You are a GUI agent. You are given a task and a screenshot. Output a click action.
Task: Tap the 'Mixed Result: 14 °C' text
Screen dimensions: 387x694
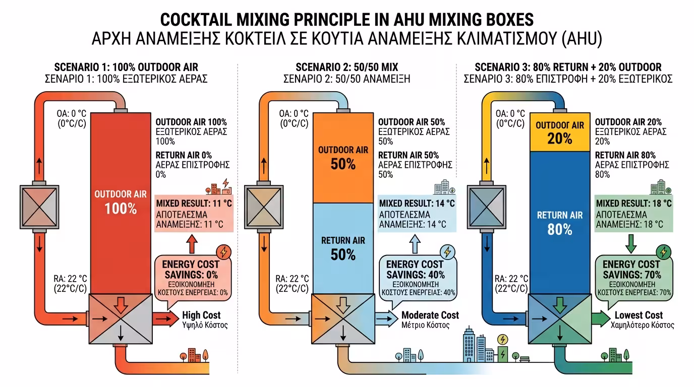tap(417, 204)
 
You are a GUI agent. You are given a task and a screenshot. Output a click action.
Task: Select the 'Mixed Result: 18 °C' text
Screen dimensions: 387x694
tap(633, 204)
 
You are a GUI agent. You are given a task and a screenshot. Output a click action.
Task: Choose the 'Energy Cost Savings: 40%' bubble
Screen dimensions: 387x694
tap(415, 278)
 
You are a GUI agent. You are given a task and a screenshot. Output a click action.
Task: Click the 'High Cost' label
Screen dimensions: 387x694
tap(201, 315)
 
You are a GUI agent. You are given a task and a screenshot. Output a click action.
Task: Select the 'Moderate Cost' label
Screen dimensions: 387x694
tap(430, 315)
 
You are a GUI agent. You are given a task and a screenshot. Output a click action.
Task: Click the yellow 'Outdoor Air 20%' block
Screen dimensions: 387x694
tap(560, 132)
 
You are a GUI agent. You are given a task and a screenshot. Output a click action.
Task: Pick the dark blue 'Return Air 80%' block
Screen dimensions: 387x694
tap(560, 222)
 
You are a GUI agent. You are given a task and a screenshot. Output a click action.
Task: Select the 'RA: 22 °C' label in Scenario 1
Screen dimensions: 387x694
tap(70, 279)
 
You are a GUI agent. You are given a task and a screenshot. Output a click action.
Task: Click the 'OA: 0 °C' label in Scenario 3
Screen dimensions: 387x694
tap(510, 114)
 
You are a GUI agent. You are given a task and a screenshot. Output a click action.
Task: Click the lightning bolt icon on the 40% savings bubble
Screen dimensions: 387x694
tap(447, 251)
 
